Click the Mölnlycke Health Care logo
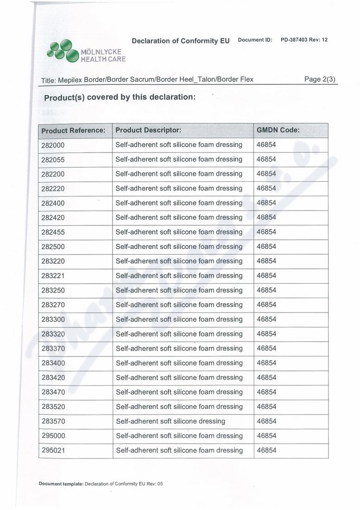86,51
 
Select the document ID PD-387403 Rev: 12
304,40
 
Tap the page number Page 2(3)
320,79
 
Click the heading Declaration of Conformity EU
181,41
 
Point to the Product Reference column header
73,131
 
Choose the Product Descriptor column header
148,130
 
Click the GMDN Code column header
278,130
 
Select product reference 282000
53,145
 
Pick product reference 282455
53,232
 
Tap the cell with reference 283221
53,276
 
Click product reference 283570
53,421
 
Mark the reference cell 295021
53,451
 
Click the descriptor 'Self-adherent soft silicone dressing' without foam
171,421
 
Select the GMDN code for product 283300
266,319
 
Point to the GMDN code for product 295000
266,436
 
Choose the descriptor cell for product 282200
179,174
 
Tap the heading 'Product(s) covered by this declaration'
120,98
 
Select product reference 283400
53,363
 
